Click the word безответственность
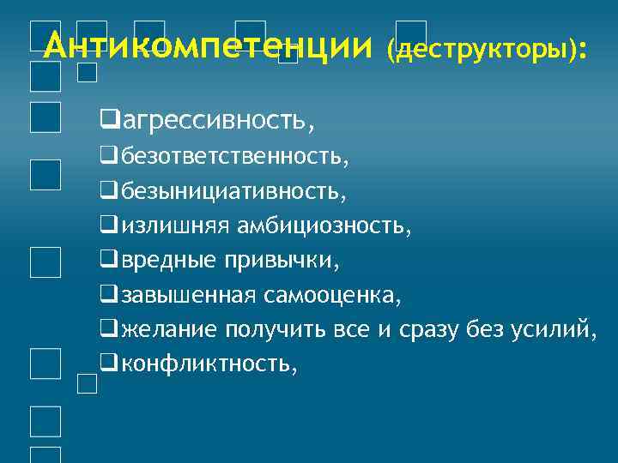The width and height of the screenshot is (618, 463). coord(234,159)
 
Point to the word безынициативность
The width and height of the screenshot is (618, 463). coord(233,192)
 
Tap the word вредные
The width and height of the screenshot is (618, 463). coord(168,260)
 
